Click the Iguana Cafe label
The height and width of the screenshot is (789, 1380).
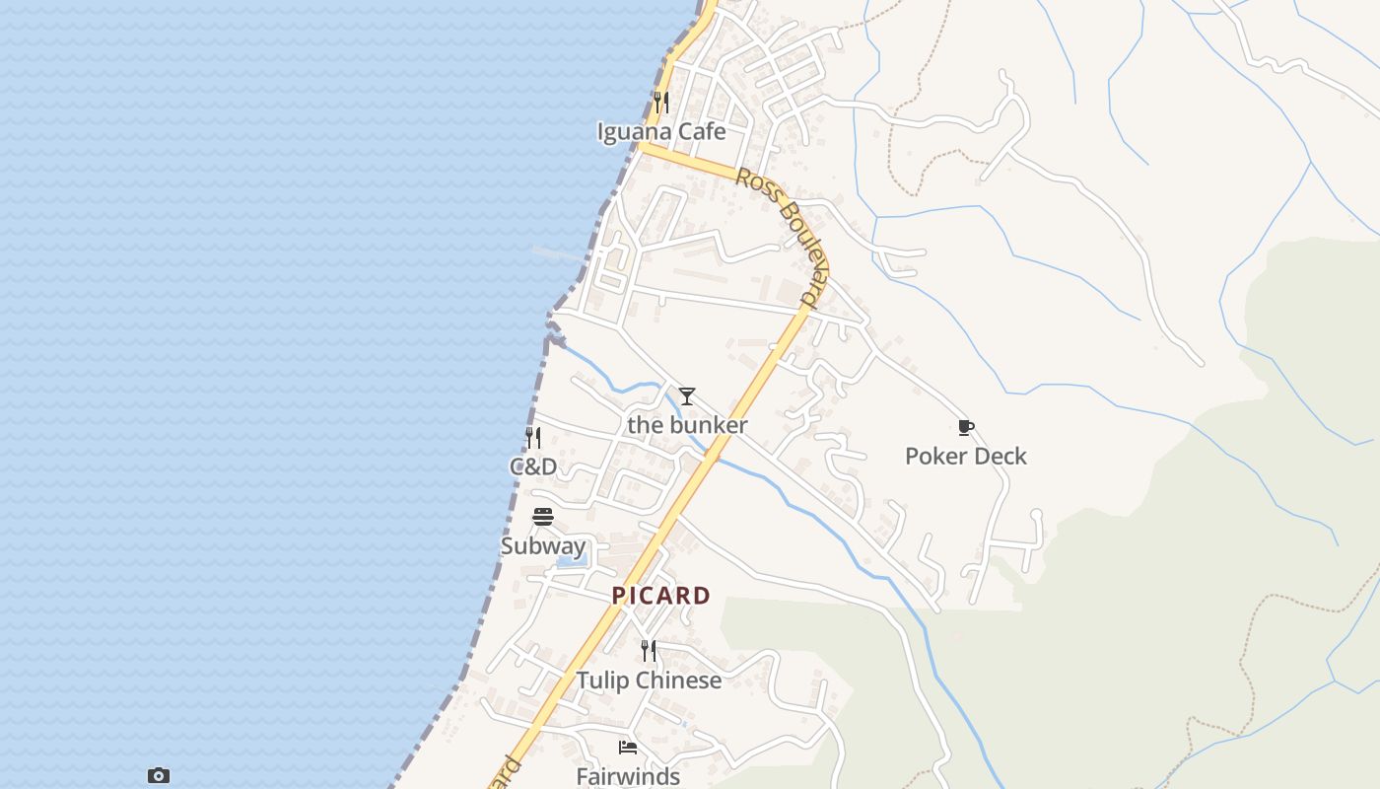point(661,132)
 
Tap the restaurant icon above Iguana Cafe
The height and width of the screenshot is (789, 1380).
point(661,102)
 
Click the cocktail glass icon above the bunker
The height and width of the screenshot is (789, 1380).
point(687,396)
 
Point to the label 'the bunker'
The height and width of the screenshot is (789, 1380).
point(687,425)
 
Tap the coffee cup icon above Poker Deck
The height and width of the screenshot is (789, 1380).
point(965,427)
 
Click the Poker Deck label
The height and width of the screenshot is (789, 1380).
point(965,456)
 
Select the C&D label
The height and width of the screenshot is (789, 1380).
point(532,466)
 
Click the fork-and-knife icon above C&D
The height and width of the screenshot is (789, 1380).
point(532,438)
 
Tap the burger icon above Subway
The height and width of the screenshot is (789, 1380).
point(542,517)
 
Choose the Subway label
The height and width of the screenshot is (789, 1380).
point(542,546)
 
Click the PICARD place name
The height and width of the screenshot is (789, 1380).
point(660,596)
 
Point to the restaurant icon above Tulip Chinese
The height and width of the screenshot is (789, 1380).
point(649,651)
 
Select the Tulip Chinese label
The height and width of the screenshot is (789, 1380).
point(649,681)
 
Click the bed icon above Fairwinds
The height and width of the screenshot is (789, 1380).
point(628,748)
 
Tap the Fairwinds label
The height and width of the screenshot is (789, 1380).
point(628,776)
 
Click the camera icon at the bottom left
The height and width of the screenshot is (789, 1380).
point(159,776)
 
